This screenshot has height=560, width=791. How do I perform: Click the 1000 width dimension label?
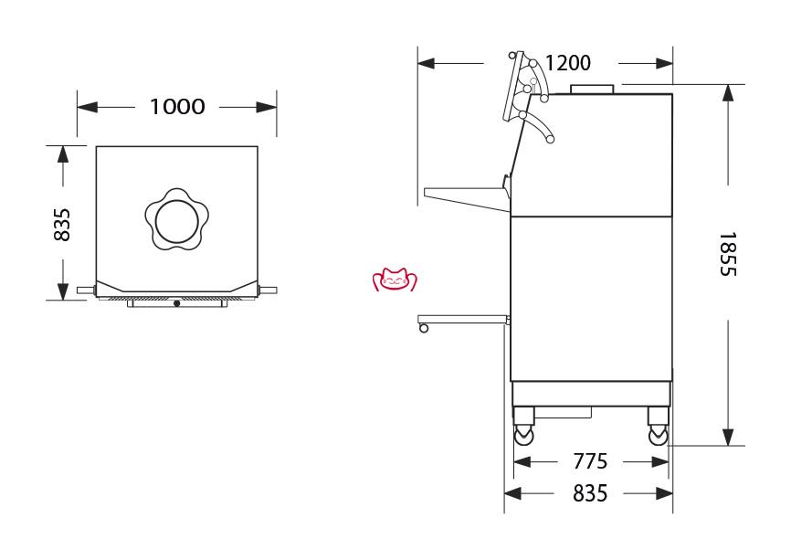(x=177, y=107)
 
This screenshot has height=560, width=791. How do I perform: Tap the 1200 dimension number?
(x=568, y=63)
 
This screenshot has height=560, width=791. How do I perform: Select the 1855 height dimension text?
(x=727, y=254)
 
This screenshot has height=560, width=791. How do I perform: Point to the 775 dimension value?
(x=590, y=461)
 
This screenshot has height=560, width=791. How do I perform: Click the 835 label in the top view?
(x=62, y=225)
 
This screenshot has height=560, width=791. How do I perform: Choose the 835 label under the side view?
(x=590, y=493)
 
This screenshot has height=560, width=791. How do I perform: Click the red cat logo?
(x=395, y=280)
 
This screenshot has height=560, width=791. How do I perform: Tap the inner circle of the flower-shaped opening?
(x=176, y=221)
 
